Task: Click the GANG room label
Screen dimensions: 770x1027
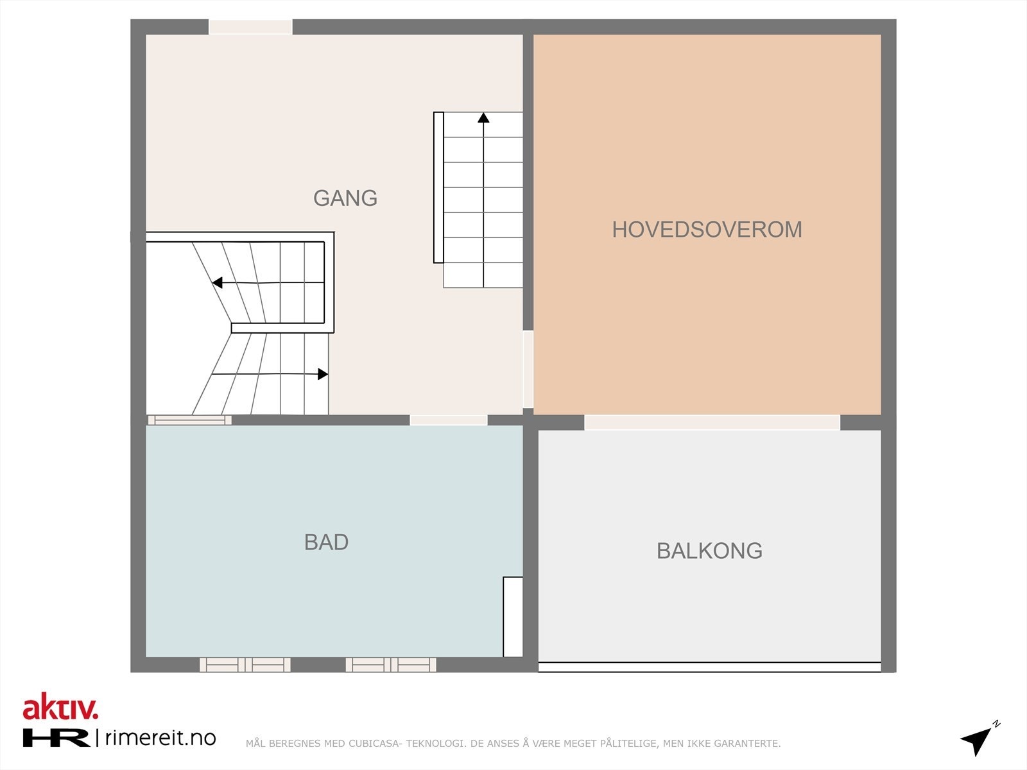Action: click(x=345, y=198)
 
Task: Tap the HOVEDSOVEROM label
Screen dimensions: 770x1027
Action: click(x=707, y=229)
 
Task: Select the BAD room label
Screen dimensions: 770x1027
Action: click(x=326, y=542)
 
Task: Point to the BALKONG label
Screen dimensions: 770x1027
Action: click(x=709, y=551)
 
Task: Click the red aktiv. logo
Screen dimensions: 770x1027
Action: click(x=60, y=707)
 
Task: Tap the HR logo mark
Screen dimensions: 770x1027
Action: click(x=56, y=737)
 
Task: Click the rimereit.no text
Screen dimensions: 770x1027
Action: click(x=160, y=737)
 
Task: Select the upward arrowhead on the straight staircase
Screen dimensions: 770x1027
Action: click(x=483, y=117)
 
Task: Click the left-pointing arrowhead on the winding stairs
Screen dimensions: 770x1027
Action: click(x=218, y=283)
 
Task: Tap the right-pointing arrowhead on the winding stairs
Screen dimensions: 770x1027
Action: click(x=323, y=374)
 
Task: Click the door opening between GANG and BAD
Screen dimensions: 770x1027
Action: click(x=449, y=420)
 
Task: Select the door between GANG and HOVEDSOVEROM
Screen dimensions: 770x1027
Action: click(x=528, y=369)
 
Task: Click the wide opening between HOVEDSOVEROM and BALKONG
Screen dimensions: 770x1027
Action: click(x=712, y=422)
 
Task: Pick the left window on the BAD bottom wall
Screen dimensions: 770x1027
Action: click(x=245, y=665)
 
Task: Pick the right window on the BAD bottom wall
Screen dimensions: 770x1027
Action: click(x=391, y=665)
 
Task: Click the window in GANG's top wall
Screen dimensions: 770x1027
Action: click(x=250, y=27)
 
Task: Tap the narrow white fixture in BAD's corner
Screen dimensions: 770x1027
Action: click(x=513, y=617)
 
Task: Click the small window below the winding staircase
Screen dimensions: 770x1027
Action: click(x=189, y=420)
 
